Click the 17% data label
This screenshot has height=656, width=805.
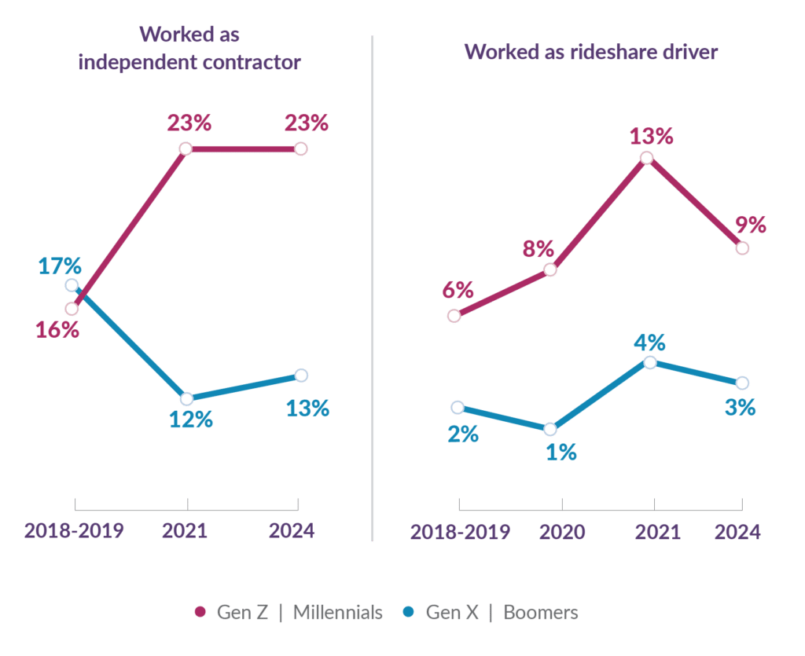[61, 266]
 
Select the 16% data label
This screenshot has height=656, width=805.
[57, 329]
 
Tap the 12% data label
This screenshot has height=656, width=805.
[191, 420]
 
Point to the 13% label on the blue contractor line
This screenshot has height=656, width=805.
[307, 408]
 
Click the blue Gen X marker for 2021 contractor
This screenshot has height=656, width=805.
[186, 398]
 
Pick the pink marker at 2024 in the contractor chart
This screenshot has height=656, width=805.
[300, 149]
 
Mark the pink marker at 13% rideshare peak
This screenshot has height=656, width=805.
[646, 158]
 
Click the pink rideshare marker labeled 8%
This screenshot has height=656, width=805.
[550, 269]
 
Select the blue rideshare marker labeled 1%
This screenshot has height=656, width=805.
[550, 429]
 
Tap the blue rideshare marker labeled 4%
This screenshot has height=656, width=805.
[649, 362]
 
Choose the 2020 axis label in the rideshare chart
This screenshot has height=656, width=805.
[562, 533]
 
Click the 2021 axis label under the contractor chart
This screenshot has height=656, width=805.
[185, 530]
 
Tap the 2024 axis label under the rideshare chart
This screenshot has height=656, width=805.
[737, 533]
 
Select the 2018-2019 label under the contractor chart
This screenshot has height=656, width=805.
[74, 530]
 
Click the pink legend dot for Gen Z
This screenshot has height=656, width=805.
[200, 612]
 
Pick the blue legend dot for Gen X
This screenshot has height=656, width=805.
[409, 612]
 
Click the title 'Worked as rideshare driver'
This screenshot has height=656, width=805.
[590, 53]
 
